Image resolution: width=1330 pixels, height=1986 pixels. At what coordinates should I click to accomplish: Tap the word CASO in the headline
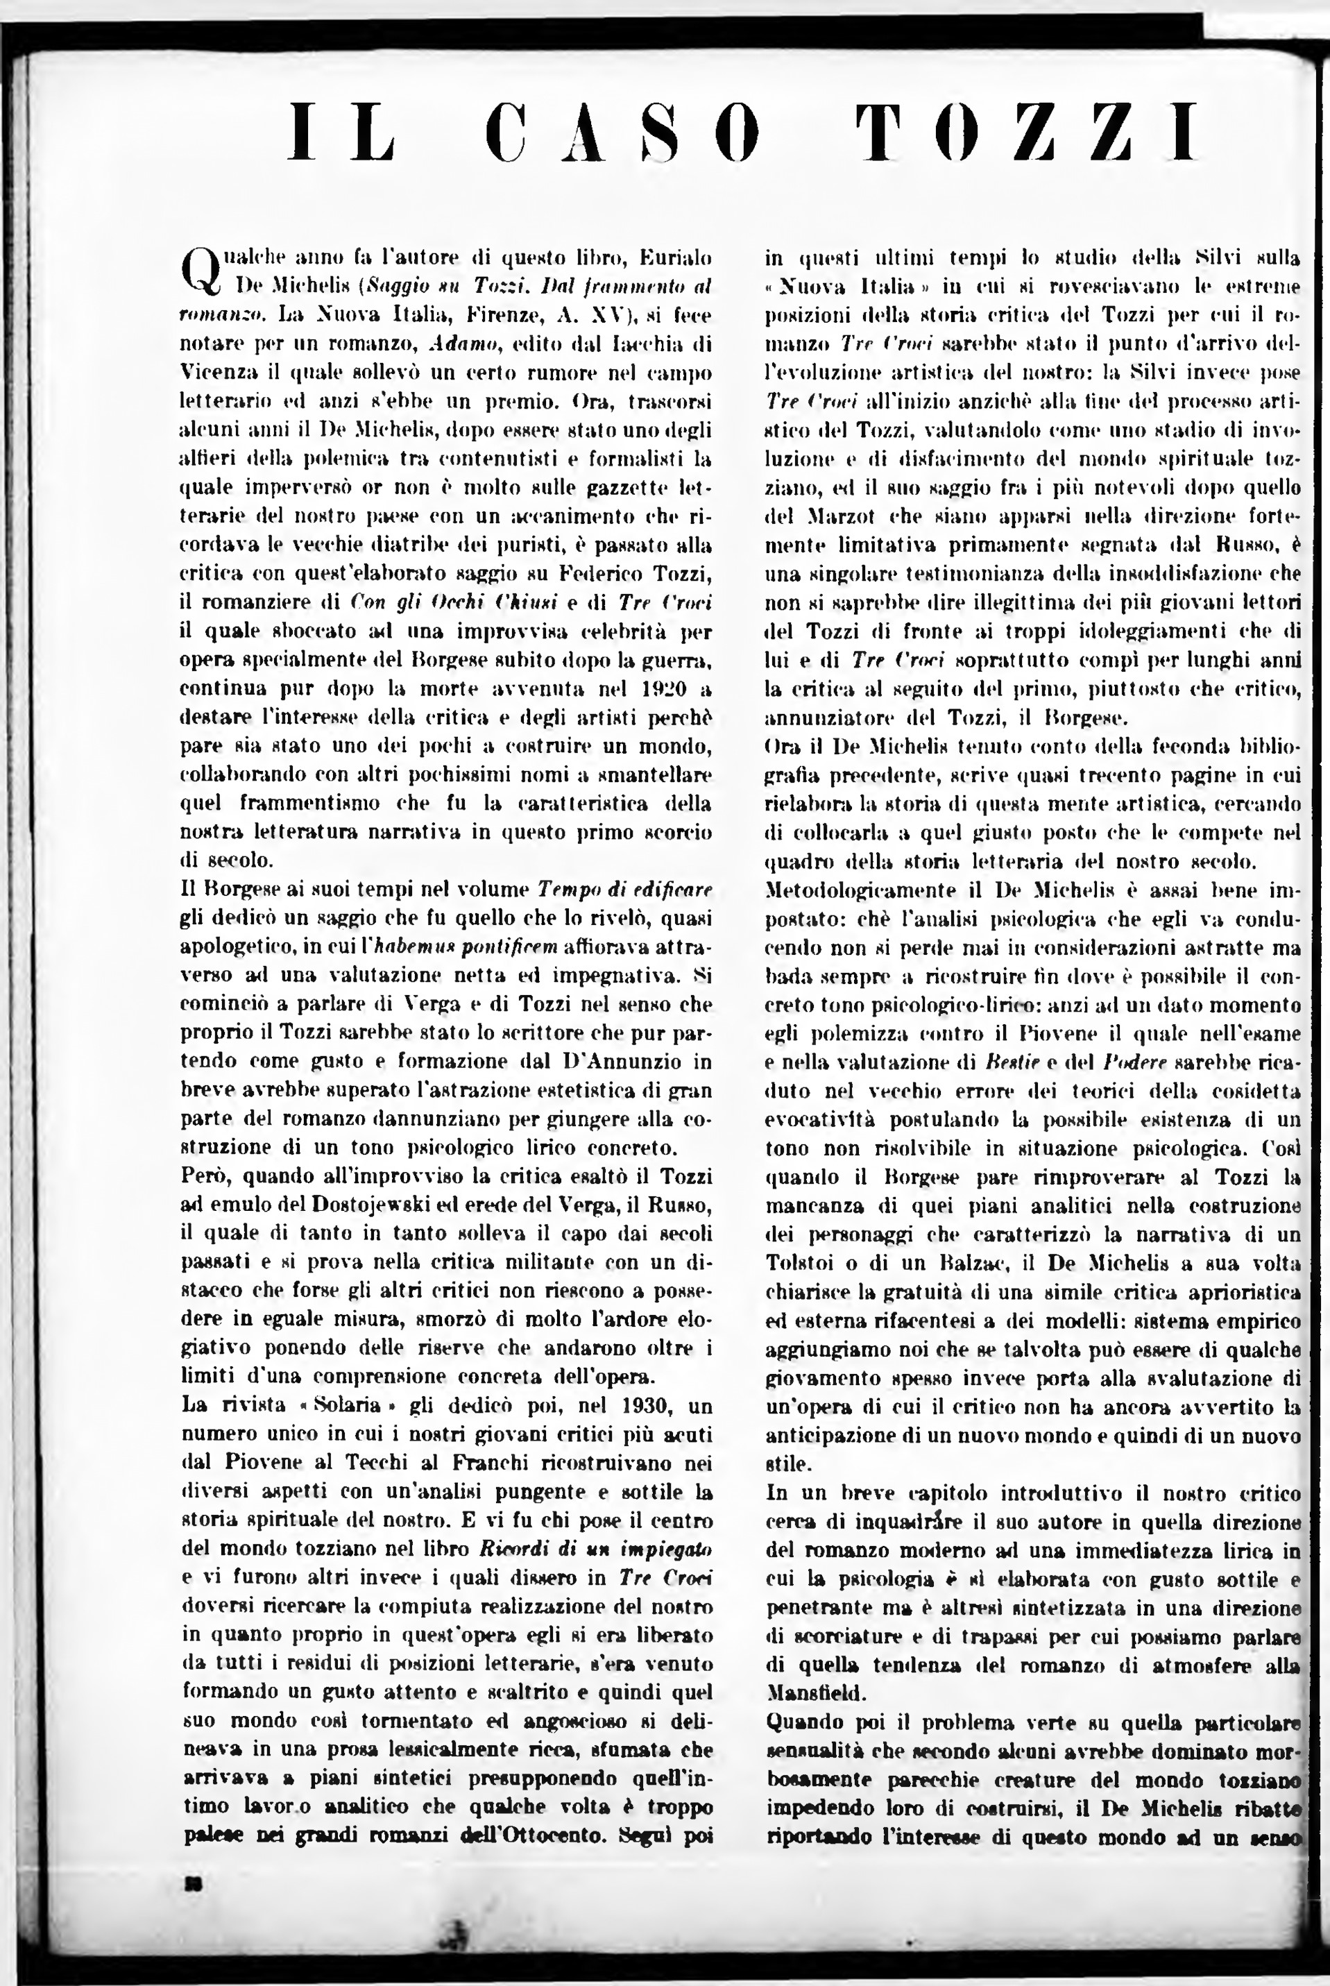(624, 133)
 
